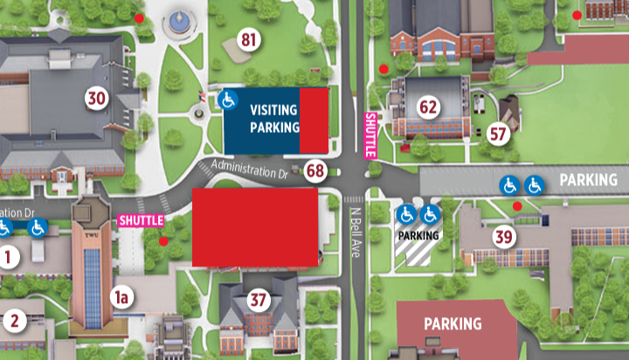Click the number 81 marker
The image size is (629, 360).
click(x=251, y=40)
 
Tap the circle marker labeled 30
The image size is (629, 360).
click(x=96, y=98)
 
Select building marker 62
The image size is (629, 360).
click(x=428, y=107)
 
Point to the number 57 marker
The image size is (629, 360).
click(x=499, y=134)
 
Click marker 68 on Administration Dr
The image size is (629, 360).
click(x=315, y=170)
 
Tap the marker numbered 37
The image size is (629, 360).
click(x=258, y=300)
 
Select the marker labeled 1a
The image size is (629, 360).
click(x=123, y=298)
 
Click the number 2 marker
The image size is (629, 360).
click(x=13, y=319)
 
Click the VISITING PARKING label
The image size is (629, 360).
click(x=273, y=119)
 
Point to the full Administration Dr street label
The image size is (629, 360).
click(x=249, y=170)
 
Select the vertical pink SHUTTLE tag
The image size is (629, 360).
click(x=370, y=135)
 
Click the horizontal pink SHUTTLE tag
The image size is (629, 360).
click(x=140, y=220)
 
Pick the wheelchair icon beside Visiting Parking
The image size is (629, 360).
click(x=227, y=99)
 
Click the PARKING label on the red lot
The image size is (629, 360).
click(x=453, y=324)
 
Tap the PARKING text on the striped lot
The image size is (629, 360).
click(x=418, y=235)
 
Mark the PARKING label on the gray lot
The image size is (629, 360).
click(x=588, y=180)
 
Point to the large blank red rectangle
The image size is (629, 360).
click(x=254, y=226)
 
